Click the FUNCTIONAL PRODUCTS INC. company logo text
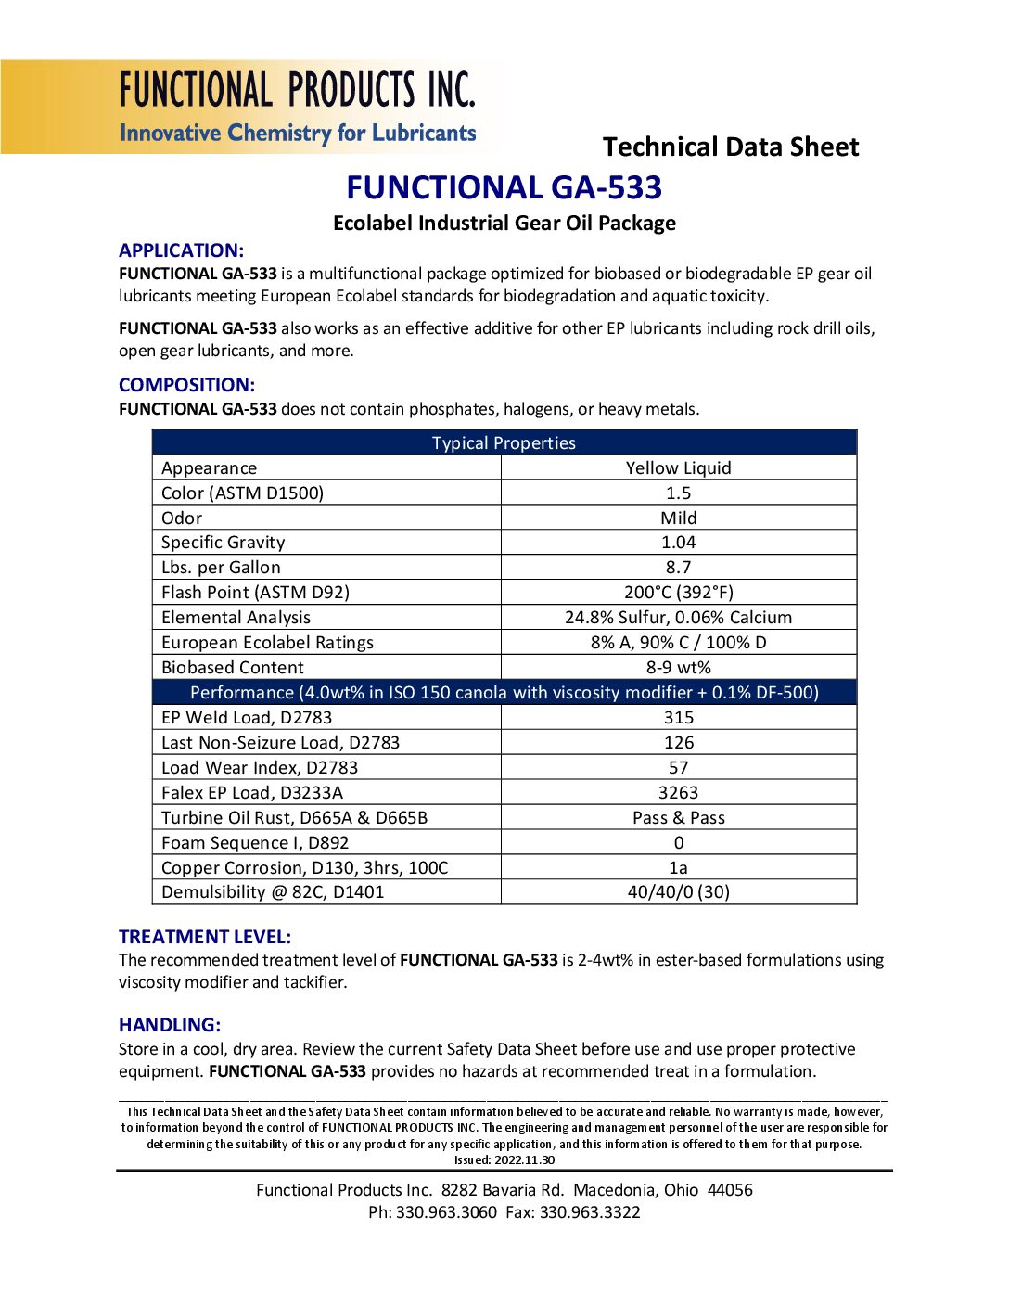coord(297,90)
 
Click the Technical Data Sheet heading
coord(731,147)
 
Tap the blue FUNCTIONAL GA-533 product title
coord(504,187)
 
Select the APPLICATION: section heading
coord(181,250)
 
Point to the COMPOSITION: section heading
coord(186,385)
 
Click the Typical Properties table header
coord(504,442)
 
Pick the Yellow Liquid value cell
coord(678,467)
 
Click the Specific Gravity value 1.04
coord(678,542)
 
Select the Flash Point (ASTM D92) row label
coord(255,592)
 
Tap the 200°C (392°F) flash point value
coord(678,592)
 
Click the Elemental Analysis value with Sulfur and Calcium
coord(678,617)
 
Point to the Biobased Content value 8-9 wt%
coord(678,667)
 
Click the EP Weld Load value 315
coord(678,717)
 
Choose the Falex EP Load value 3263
coord(678,792)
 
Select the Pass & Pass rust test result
coord(678,817)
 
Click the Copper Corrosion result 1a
coord(678,867)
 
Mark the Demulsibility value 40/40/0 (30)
coord(678,891)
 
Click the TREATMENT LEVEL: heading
coord(205,937)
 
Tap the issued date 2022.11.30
coord(524,1159)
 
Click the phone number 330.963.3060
coord(446,1211)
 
